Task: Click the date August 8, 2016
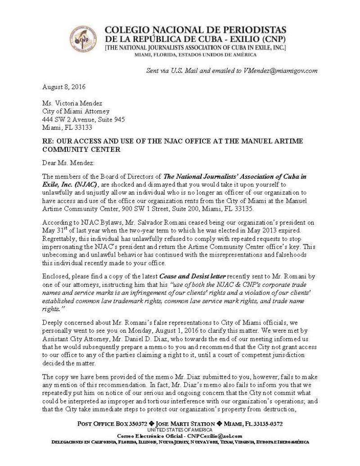tap(64, 86)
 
